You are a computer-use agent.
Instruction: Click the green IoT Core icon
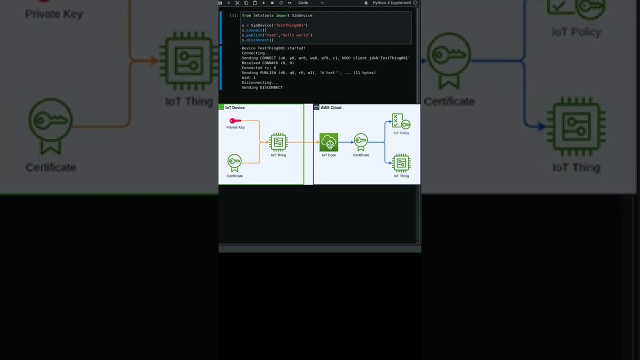click(328, 142)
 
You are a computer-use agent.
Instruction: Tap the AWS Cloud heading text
click(331, 107)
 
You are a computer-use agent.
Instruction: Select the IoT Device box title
click(234, 107)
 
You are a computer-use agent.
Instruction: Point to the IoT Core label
click(328, 155)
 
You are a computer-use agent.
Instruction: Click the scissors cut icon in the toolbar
click(237, 3)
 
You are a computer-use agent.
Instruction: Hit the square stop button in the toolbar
click(272, 3)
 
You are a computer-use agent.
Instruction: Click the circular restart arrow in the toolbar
click(280, 3)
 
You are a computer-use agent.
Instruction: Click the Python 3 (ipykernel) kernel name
click(391, 3)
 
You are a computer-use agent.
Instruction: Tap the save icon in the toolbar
click(220, 3)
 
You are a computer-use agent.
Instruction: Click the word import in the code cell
click(282, 15)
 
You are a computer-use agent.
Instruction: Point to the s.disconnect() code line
click(257, 40)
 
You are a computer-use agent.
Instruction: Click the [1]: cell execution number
click(234, 15)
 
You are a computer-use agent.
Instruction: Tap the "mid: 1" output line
click(248, 77)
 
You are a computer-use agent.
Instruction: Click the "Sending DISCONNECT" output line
click(262, 87)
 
